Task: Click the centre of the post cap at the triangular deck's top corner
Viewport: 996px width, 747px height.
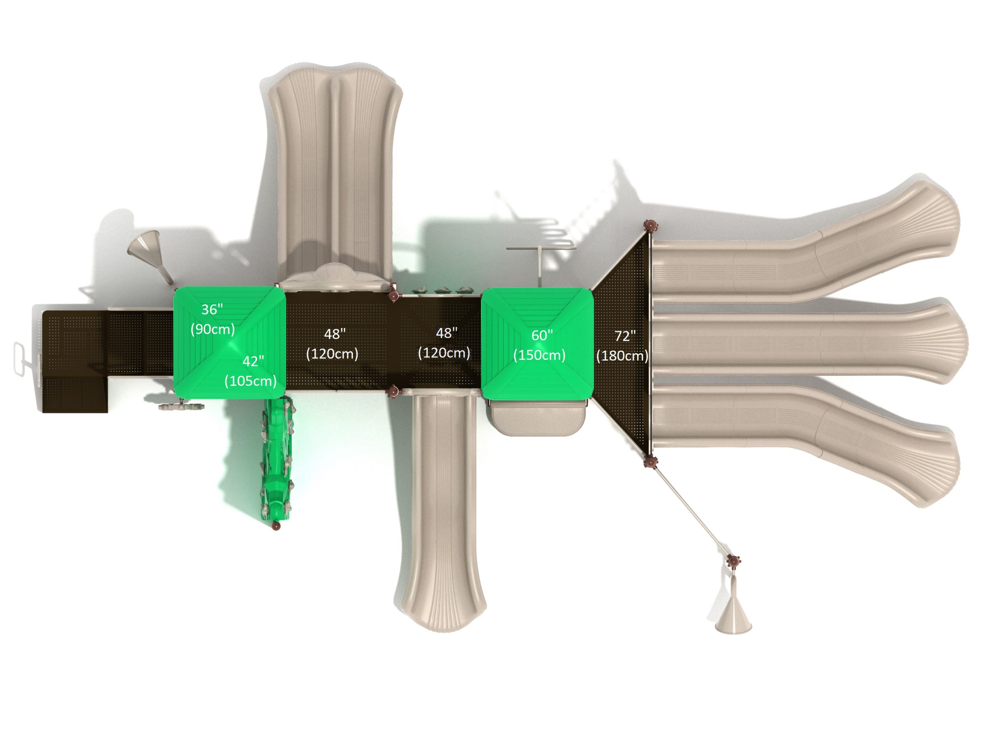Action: [650, 226]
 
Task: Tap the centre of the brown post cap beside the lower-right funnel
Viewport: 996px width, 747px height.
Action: [733, 561]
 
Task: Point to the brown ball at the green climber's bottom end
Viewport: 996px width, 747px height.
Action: [277, 526]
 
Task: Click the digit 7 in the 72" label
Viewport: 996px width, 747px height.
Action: [619, 336]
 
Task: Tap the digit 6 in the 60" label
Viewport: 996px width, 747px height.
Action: [535, 335]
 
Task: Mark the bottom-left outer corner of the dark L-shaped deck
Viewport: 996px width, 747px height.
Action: [43, 412]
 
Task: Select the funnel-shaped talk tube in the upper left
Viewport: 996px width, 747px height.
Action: [151, 255]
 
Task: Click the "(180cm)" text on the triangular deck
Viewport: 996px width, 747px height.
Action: [622, 356]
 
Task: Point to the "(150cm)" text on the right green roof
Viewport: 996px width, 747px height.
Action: [539, 355]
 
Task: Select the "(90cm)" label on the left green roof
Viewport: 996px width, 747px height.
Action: [212, 329]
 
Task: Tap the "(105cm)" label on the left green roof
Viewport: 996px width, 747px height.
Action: [250, 381]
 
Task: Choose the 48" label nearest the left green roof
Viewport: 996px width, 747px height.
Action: [335, 334]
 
